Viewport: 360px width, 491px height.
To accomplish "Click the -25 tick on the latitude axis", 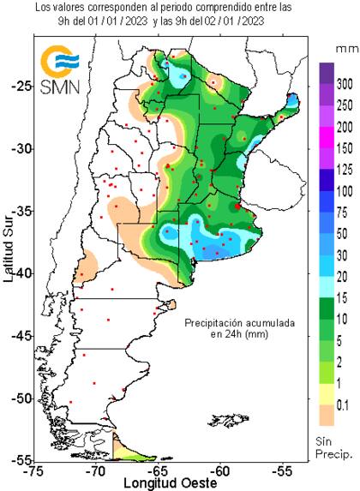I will point(21,86).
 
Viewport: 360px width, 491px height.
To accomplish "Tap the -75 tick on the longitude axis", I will point(33,470).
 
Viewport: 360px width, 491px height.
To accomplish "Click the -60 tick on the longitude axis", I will point(220,470).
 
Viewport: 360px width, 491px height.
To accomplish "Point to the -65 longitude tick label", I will point(158,470).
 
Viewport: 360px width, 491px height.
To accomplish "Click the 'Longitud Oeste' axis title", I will point(158,482).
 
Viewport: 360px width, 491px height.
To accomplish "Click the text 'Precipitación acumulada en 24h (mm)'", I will point(240,329).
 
